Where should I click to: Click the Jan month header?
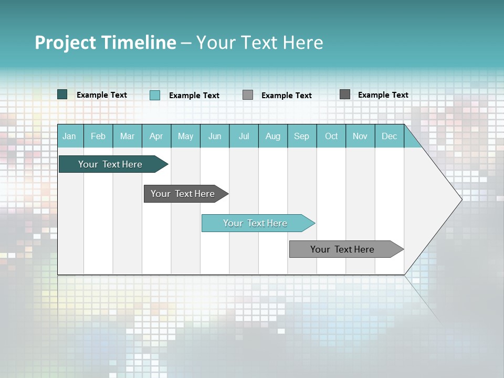[69, 136]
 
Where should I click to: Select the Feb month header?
[98, 136]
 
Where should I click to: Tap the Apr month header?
[156, 136]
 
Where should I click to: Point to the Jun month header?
[215, 136]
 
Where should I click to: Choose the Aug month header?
[273, 136]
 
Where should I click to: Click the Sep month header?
[302, 136]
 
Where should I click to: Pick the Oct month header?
[331, 136]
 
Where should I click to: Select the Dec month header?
[390, 136]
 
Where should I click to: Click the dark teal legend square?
[62, 94]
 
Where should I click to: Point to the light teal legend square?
[155, 95]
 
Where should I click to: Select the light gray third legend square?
[248, 95]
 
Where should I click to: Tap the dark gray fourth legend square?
[345, 94]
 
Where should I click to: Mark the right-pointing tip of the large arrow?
[460, 199]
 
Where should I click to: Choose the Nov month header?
[360, 136]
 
